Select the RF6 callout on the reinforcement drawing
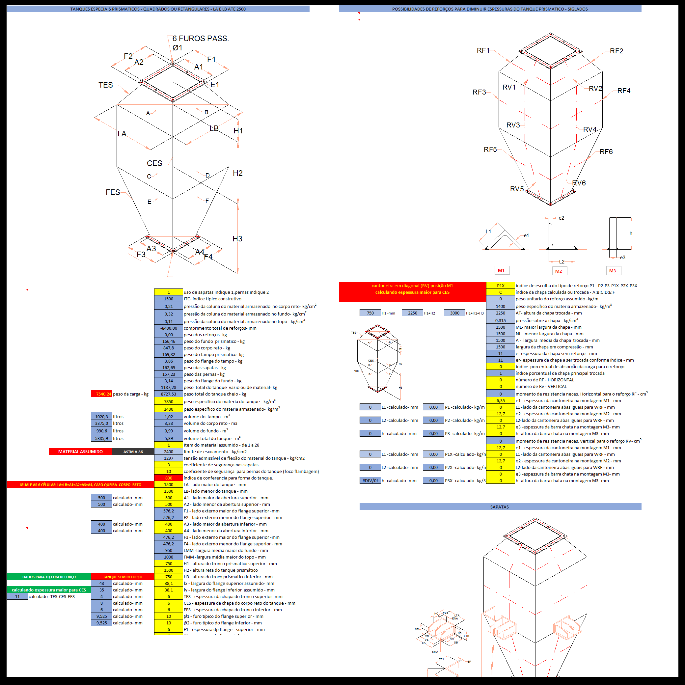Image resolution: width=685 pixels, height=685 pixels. (606, 152)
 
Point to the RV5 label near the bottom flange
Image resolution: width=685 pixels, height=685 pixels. (517, 189)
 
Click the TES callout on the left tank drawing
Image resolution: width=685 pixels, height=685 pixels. (106, 85)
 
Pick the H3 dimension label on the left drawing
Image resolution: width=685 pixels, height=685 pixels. (237, 239)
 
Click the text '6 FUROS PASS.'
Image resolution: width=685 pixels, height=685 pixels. (201, 38)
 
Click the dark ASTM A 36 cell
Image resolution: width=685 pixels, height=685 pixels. (133, 452)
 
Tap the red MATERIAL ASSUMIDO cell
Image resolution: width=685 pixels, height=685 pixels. (80, 452)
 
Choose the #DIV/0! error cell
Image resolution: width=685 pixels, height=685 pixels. (370, 481)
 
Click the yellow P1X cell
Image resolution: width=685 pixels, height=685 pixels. (500, 286)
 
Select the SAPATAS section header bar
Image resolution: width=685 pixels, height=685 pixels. (500, 507)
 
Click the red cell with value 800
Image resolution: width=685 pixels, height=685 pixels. (168, 478)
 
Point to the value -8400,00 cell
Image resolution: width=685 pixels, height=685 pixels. (168, 328)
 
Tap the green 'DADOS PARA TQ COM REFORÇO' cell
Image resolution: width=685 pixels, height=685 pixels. (49, 577)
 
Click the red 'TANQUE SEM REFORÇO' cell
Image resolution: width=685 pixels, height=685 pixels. (122, 577)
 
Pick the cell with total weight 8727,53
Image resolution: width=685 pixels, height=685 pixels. (168, 394)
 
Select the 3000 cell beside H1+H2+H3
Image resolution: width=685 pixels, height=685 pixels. (454, 313)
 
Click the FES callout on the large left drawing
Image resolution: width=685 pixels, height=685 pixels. (113, 192)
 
